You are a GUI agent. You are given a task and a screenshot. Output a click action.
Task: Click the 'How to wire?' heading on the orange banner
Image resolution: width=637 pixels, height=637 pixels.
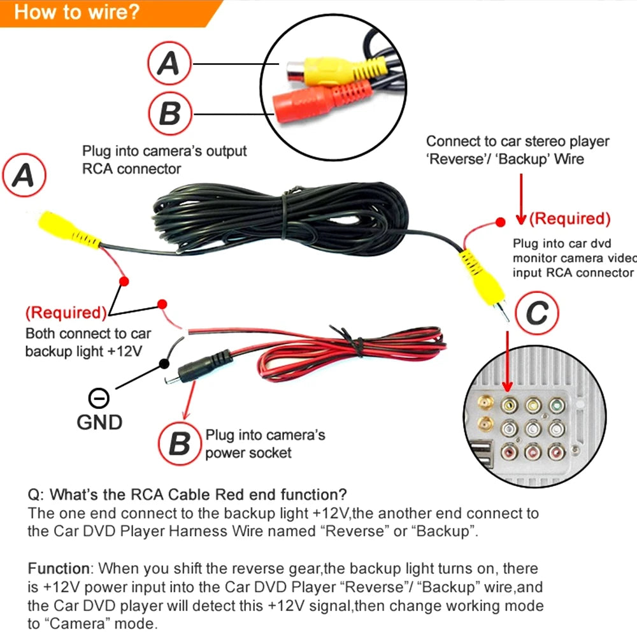76,12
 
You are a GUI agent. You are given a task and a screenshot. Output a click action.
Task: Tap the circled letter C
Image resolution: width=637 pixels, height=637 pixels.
536,313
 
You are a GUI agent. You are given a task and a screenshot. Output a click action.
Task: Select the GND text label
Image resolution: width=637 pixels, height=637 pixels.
99,422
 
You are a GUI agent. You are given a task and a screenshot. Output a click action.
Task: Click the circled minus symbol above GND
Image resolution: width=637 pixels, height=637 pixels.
99,399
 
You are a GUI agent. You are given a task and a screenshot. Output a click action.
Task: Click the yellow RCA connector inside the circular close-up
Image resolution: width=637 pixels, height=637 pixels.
325,70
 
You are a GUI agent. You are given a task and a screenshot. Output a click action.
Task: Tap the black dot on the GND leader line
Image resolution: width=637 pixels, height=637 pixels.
164,363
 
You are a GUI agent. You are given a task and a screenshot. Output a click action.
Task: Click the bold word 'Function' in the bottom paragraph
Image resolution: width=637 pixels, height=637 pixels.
59,568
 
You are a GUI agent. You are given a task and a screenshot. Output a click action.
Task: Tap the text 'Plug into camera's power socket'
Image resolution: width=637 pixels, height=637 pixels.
265,444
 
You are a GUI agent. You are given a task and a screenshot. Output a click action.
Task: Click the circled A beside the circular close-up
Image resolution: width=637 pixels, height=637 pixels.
169,64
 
